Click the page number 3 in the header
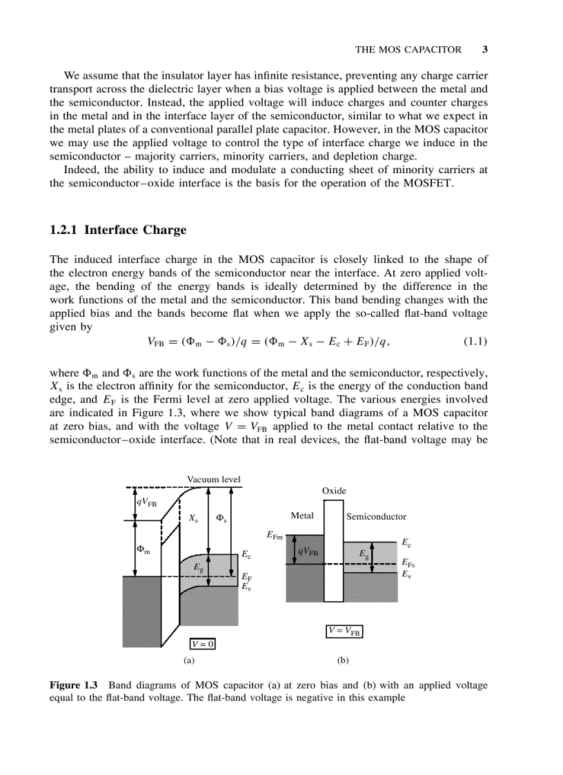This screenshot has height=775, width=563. [x=485, y=50]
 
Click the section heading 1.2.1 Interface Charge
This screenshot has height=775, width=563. [x=118, y=230]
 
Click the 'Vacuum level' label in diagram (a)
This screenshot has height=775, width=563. [x=213, y=480]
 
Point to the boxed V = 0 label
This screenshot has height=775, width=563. [x=203, y=644]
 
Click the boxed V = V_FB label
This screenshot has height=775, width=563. [x=344, y=631]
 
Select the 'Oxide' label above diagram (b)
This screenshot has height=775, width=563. [x=334, y=491]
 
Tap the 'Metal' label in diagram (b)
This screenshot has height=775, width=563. [x=302, y=516]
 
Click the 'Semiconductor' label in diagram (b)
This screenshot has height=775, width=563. [x=376, y=516]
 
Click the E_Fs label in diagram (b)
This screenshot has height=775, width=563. [x=408, y=563]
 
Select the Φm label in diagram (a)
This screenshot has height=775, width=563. [x=143, y=550]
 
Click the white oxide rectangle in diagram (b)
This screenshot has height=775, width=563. [x=333, y=552]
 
